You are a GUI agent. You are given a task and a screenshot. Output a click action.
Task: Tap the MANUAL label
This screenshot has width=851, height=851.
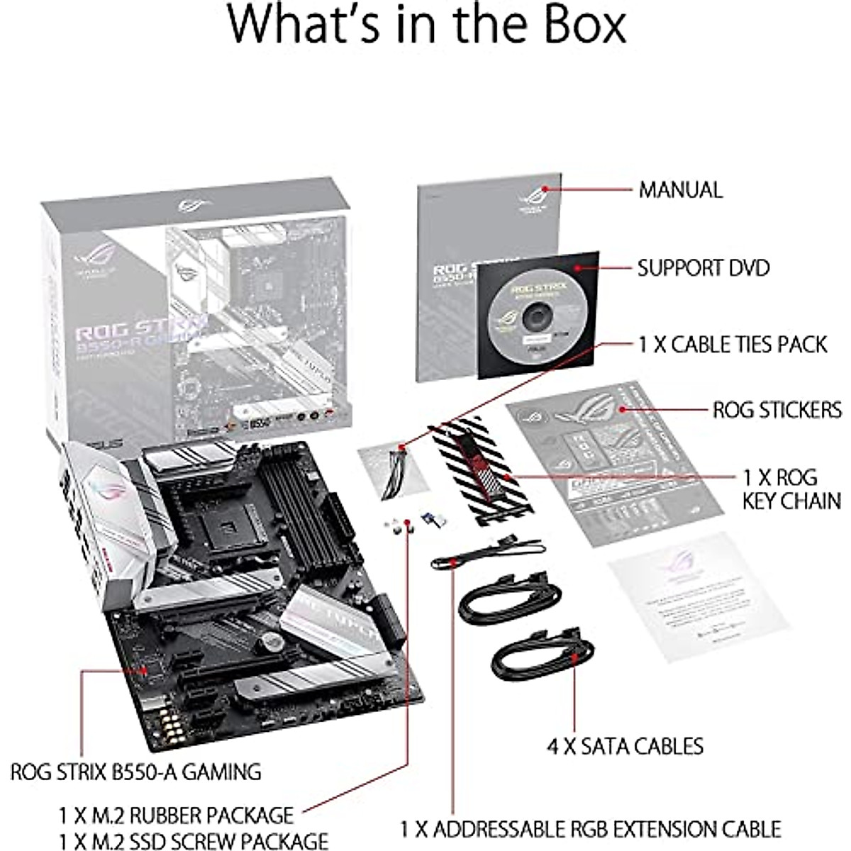(680, 190)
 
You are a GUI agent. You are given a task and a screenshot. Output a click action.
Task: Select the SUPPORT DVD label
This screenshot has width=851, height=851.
(703, 268)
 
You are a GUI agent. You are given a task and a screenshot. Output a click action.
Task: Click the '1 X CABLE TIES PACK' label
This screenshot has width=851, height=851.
(733, 345)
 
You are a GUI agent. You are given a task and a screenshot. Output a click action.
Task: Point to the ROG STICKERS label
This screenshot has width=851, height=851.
(777, 410)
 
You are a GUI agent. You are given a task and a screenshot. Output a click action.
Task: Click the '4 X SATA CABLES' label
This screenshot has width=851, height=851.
(625, 746)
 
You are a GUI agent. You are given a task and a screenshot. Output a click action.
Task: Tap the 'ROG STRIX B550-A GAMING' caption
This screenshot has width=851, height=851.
(135, 771)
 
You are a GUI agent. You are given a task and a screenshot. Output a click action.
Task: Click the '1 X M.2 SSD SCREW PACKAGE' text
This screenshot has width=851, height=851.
(193, 840)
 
